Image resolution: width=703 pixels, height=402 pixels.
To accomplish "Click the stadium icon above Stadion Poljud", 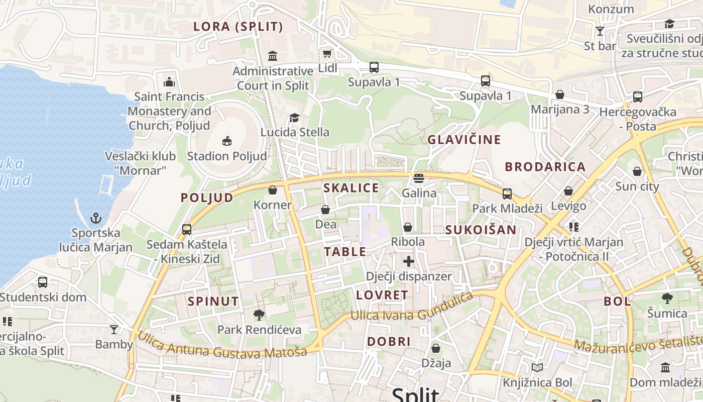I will (227, 141).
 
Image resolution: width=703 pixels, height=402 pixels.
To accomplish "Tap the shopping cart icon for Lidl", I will (327, 53).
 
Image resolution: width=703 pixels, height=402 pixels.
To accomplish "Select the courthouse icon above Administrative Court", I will (273, 55).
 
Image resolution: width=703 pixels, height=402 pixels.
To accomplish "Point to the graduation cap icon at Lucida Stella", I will (294, 118).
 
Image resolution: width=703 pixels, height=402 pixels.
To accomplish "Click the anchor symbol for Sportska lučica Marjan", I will (95, 218).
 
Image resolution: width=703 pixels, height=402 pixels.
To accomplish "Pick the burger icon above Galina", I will (419, 178).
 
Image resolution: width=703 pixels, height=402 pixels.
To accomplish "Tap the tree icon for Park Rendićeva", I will (259, 315).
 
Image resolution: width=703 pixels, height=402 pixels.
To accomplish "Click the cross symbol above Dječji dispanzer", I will (409, 261).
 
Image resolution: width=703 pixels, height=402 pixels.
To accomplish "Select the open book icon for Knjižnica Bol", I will (537, 368).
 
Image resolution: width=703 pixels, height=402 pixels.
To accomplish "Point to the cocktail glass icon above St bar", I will (600, 31).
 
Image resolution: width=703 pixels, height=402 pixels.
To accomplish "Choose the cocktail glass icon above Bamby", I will (114, 330).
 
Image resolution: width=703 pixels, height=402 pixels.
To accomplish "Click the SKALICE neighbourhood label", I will (351, 188).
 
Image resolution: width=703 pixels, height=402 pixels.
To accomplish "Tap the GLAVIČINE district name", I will (464, 140).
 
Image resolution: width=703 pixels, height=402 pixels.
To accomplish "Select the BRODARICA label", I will (545, 167).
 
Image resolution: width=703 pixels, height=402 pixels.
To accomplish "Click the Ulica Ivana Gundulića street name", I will (412, 308).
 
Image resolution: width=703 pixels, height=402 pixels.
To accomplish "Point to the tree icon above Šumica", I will (667, 298).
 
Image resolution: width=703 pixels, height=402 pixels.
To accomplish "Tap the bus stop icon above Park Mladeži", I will (507, 193).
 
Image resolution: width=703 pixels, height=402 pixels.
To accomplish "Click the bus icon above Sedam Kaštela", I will (187, 230).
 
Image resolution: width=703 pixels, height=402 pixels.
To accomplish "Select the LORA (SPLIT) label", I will (238, 27).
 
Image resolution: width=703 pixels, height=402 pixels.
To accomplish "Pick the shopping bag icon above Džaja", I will (436, 348).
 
